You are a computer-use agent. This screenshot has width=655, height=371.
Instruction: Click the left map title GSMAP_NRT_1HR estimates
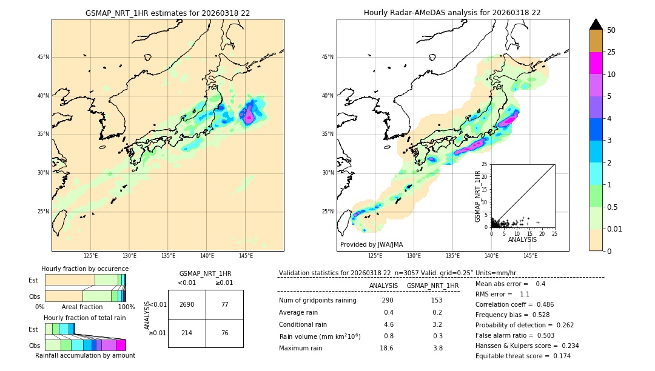[x=167, y=13]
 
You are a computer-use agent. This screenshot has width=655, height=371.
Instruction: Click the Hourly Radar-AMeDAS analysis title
[x=452, y=13]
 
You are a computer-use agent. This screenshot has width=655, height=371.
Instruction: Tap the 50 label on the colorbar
[x=612, y=30]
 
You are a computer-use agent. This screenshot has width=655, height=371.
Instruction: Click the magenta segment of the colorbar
[x=596, y=63]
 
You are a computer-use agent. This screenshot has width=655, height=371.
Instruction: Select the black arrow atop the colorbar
[x=596, y=24]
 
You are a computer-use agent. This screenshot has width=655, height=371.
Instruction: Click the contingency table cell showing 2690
[x=187, y=304]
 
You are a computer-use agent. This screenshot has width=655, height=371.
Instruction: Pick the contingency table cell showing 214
[x=187, y=333]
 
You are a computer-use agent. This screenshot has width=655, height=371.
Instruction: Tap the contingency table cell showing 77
[x=224, y=304]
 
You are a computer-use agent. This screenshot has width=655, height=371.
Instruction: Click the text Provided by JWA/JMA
[x=371, y=245]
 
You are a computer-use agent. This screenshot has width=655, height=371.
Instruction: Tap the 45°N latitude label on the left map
[x=43, y=57]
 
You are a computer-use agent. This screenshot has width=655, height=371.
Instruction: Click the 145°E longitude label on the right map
[x=530, y=256]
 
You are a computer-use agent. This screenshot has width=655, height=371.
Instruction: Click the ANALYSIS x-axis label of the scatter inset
[x=522, y=239]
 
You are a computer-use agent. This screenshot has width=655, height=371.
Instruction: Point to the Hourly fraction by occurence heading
[x=85, y=269]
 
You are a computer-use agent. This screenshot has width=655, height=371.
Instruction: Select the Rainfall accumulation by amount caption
[x=85, y=355]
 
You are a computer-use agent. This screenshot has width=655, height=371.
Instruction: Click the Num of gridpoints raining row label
[x=318, y=301]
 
